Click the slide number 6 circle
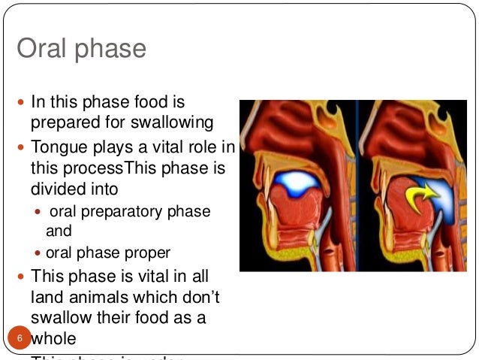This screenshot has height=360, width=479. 21,339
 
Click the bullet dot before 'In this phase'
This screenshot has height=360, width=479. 21,101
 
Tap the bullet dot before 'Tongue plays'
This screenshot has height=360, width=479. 21,147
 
